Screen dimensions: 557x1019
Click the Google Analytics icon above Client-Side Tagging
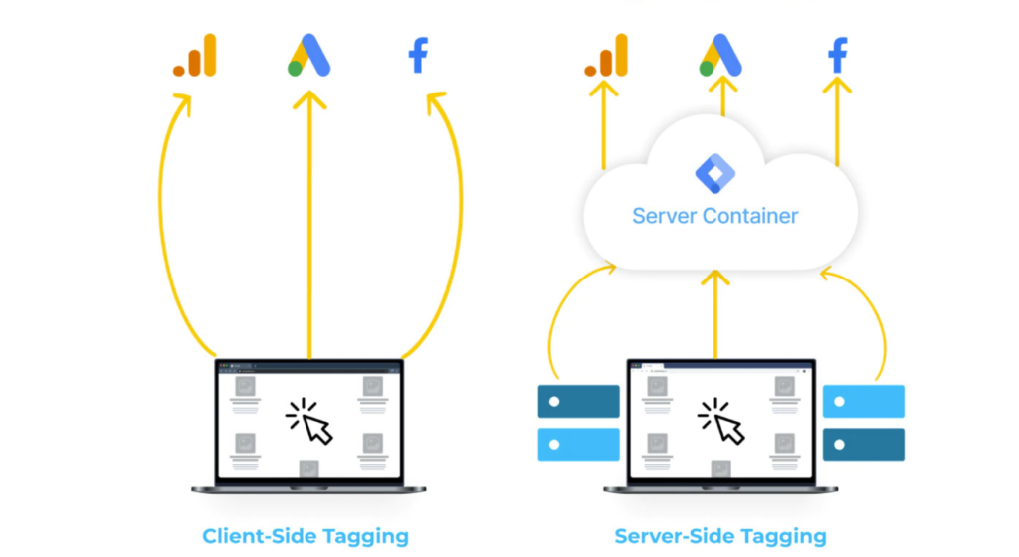194,57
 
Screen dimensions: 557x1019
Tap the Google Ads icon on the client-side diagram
308,56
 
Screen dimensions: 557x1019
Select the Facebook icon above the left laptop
418,56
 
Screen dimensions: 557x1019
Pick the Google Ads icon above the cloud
720,56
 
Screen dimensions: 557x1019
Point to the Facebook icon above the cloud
838,56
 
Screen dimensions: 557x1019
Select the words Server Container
714,215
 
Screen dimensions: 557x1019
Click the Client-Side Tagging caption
306,536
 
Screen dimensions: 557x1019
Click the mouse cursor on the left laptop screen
310,421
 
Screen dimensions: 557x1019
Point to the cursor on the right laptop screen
722,421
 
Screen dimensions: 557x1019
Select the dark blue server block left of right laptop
578,401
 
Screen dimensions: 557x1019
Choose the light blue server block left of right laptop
578,444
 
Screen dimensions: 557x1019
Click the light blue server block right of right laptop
864,401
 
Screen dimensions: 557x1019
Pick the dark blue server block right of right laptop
864,444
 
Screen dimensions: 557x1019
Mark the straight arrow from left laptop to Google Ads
309,229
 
